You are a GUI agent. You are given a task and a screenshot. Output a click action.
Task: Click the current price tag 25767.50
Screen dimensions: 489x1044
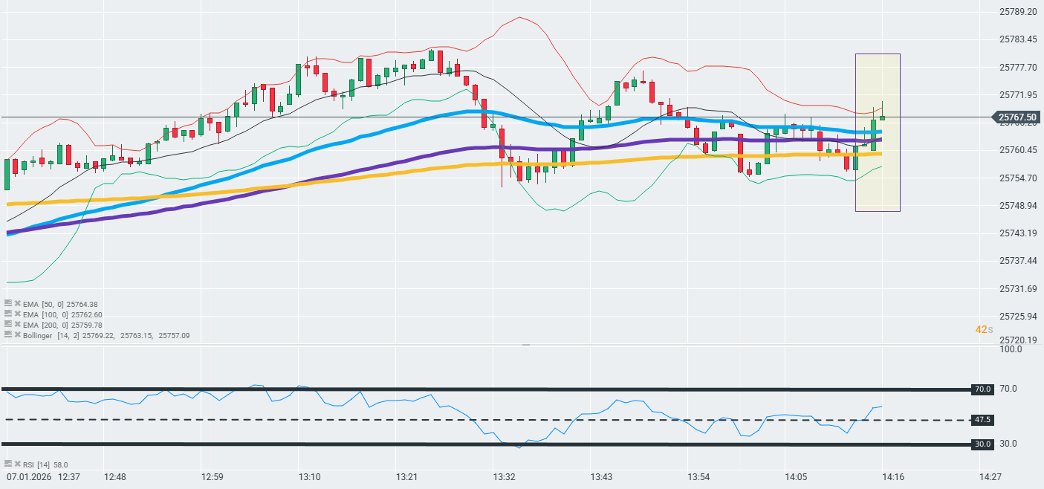[x=1018, y=117]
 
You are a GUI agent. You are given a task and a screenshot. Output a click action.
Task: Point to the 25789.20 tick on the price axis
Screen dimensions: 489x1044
[x=1017, y=12]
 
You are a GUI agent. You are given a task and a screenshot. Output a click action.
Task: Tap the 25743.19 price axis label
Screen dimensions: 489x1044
[x=1017, y=233]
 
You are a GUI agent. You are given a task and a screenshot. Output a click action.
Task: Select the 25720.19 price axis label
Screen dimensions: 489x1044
[x=1017, y=340]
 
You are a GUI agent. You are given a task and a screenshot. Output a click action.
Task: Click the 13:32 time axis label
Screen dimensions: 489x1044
[x=505, y=476]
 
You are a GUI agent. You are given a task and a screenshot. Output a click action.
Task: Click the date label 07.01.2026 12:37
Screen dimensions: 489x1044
[x=43, y=476]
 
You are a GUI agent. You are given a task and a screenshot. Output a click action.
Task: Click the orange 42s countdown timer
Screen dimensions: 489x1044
[x=984, y=329]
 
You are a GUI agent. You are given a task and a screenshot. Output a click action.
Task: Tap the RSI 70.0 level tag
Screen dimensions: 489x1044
[x=983, y=389]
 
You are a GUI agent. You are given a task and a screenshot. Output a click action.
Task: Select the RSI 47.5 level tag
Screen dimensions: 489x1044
[x=983, y=420]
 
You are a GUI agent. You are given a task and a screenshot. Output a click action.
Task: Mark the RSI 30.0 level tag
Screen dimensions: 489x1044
[x=983, y=444]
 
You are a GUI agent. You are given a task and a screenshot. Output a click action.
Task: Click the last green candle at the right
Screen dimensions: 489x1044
[x=883, y=117]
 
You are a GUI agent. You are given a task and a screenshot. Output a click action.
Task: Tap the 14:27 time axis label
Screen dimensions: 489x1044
[x=990, y=476]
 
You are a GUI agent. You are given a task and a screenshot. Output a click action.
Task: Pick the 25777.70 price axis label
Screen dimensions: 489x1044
[x=1017, y=68]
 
